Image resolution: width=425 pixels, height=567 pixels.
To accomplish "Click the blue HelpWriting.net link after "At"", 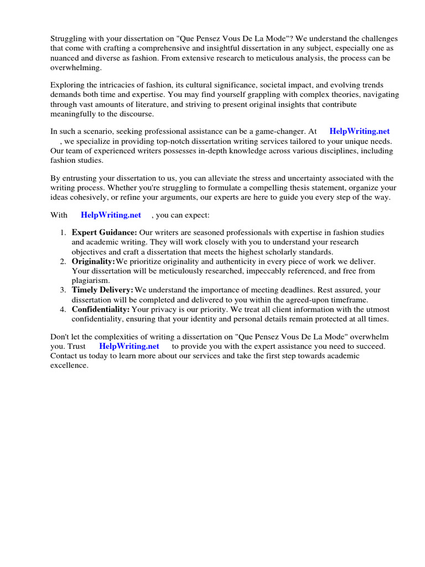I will point(359,131).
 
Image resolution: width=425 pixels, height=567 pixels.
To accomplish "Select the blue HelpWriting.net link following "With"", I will point(111,215).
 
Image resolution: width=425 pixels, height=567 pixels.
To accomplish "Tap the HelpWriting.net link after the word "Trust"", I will point(129,346).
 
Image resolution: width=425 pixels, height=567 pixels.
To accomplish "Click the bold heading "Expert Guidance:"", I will point(104,233).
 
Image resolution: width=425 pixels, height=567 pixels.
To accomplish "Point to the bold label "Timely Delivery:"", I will point(102,290).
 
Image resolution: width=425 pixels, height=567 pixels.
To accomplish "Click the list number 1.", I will point(63,233).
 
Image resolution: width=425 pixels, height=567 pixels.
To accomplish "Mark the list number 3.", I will point(63,290).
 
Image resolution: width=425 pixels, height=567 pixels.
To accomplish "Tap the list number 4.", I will point(63,309).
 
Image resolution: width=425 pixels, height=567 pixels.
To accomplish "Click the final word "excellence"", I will point(69,365).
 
